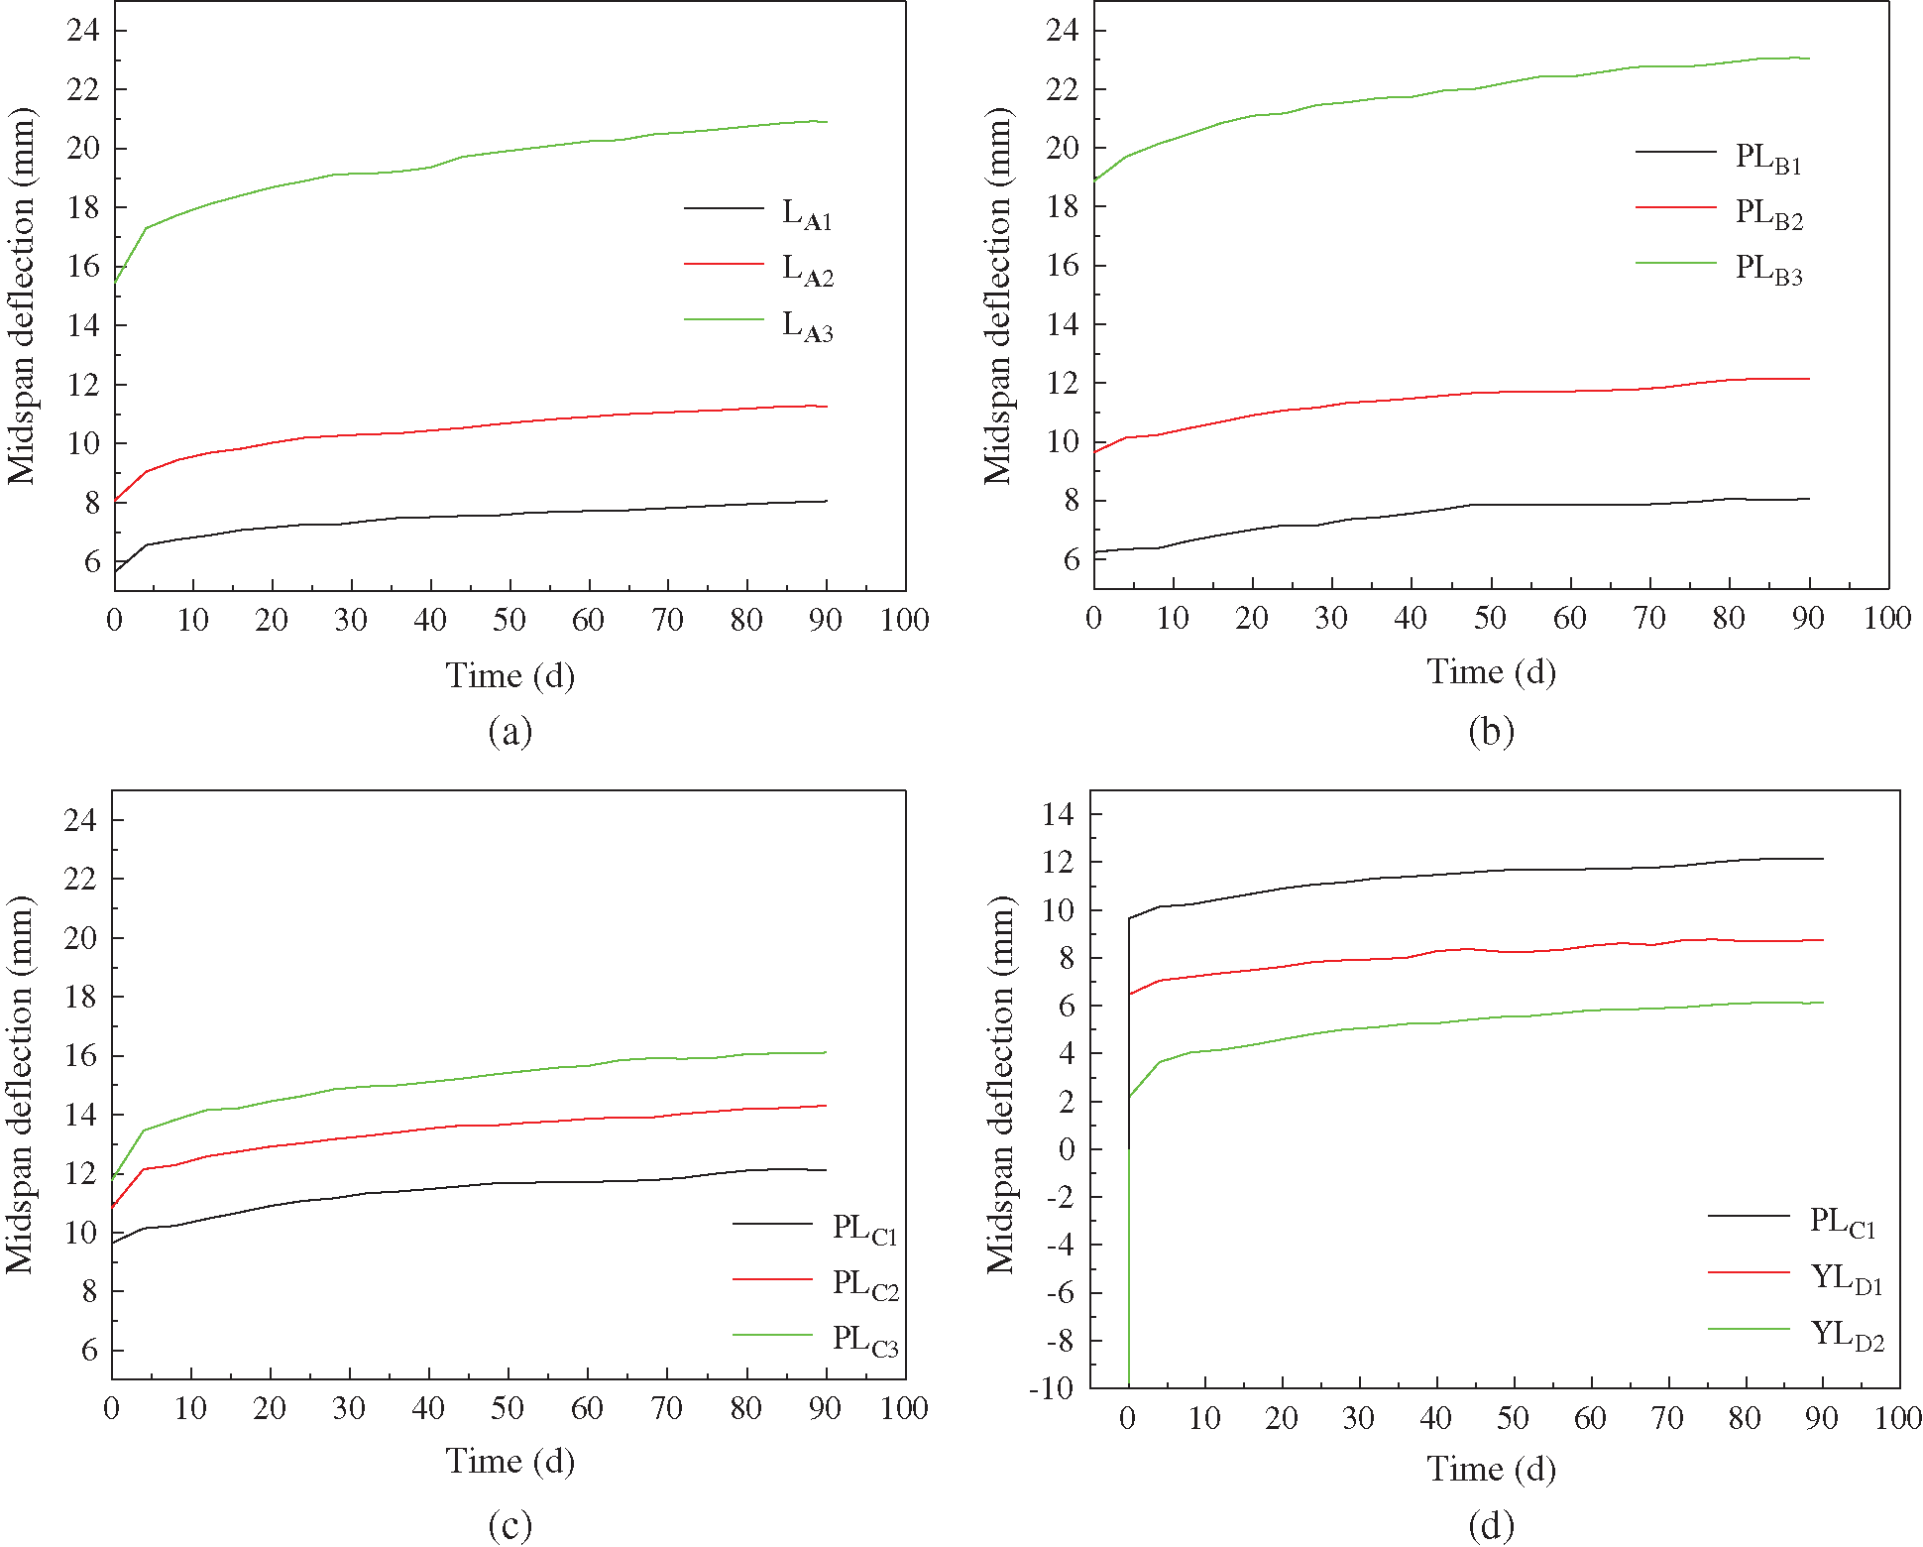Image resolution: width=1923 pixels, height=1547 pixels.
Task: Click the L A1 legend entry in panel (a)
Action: click(x=807, y=213)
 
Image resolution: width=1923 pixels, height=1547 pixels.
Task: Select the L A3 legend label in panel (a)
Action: click(x=807, y=325)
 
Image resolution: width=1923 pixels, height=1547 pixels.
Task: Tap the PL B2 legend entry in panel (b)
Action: click(x=1768, y=213)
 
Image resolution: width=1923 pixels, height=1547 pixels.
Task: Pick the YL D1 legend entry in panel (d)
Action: click(x=1846, y=1278)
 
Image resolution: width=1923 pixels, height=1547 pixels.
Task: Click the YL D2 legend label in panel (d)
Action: click(x=1847, y=1335)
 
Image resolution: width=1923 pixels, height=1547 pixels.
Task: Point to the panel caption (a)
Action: click(x=510, y=731)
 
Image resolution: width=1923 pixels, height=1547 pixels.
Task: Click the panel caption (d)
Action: click(x=1491, y=1524)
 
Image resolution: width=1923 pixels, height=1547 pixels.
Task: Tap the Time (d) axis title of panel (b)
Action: click(x=1491, y=672)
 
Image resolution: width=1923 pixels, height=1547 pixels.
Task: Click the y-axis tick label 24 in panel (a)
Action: click(x=83, y=30)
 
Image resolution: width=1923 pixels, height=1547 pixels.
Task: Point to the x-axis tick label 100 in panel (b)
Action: click(x=1886, y=619)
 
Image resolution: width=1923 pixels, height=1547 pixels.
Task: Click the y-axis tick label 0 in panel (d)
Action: click(x=1066, y=1149)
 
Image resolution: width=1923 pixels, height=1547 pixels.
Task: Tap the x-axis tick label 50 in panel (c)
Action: click(x=508, y=1408)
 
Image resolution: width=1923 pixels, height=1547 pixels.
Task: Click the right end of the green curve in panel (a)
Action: click(x=827, y=122)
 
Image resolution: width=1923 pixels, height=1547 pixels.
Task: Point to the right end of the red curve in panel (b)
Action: click(x=1809, y=379)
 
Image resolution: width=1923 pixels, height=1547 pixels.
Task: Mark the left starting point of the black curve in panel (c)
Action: click(x=113, y=1243)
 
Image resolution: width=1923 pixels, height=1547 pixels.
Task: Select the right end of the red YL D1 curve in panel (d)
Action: click(x=1823, y=940)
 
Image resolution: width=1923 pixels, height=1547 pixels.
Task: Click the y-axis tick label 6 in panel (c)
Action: click(x=89, y=1350)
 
